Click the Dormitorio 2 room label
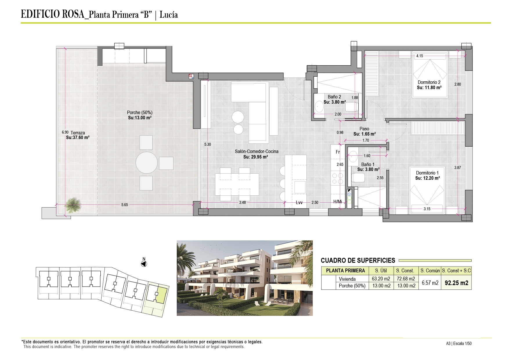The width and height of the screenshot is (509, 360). point(429,82)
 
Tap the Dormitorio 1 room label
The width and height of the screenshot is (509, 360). point(427,173)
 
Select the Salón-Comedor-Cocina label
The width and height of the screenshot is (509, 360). point(257,152)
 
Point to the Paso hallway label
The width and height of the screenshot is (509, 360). point(364,129)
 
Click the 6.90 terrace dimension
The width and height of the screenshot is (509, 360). point(65,132)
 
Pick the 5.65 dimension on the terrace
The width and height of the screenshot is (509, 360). point(124,205)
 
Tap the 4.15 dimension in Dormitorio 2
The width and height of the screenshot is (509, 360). point(420,56)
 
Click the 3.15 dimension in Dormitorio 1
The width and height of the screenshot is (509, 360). point(427,209)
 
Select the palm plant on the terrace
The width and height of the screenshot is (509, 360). point(72,205)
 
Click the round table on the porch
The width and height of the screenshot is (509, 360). point(147,163)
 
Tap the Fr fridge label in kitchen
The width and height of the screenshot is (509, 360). point(338,152)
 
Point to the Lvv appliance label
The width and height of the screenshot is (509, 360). point(299,203)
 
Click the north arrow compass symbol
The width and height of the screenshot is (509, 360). point(144,264)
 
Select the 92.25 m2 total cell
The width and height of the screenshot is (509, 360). point(456,283)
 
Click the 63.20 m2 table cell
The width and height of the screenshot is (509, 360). point(381,279)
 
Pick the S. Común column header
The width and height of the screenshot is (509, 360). point(430,271)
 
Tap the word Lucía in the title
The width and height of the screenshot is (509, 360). point(169,15)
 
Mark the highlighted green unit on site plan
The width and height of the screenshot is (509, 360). point(161,295)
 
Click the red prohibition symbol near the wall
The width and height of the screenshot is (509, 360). point(191,76)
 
